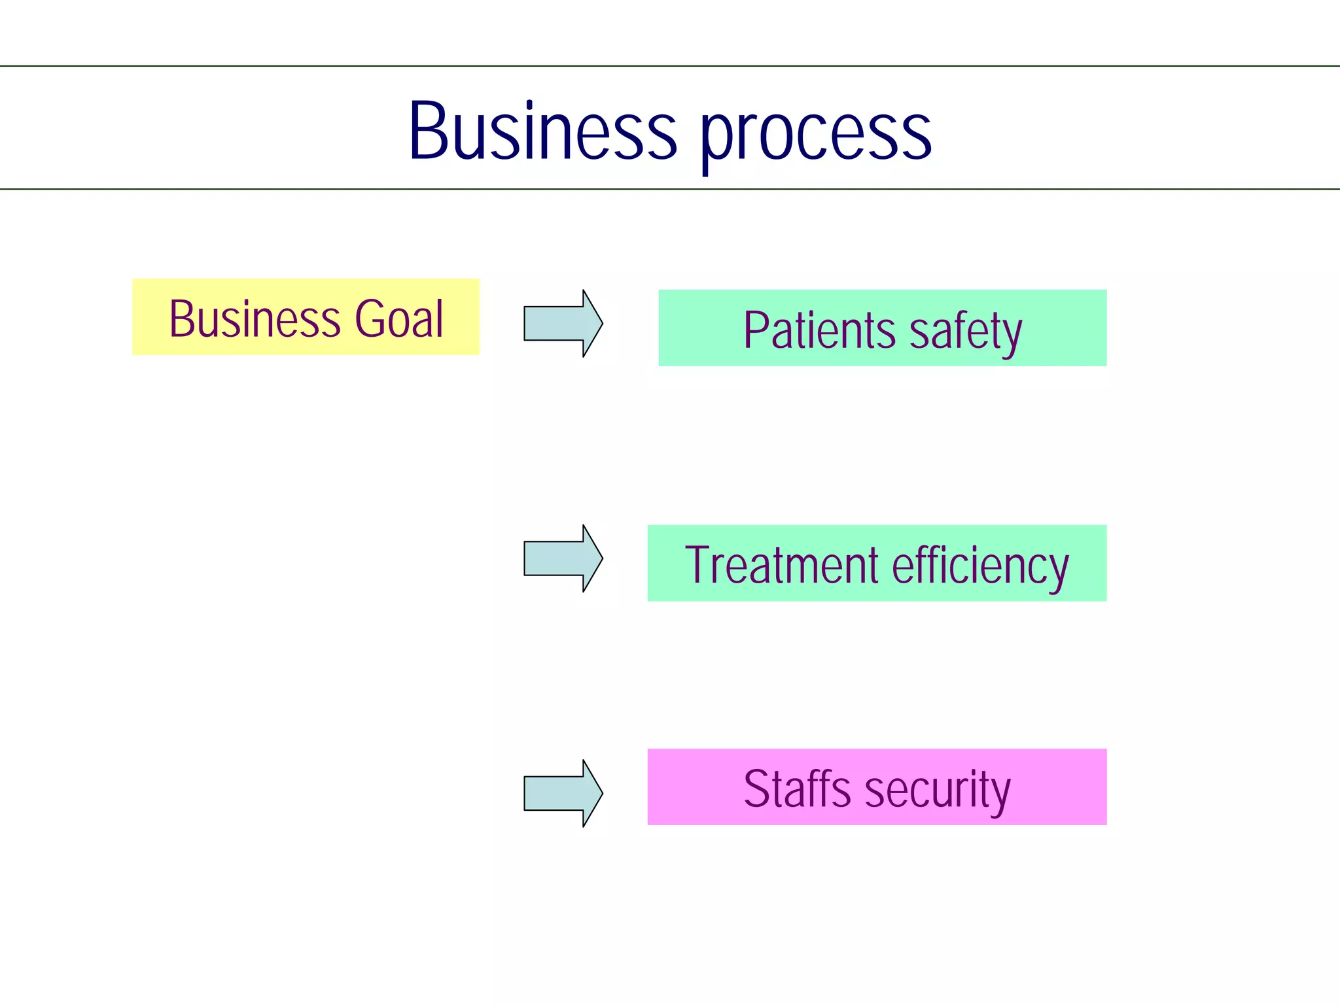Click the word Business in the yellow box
[x=255, y=319]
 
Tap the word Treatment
[x=781, y=565]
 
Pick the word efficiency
[x=980, y=566]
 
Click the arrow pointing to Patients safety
[x=562, y=324]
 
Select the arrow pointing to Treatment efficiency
[x=562, y=558]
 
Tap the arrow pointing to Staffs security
[x=562, y=793]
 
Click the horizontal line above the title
[x=670, y=66]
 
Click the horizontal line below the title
[x=670, y=189]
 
